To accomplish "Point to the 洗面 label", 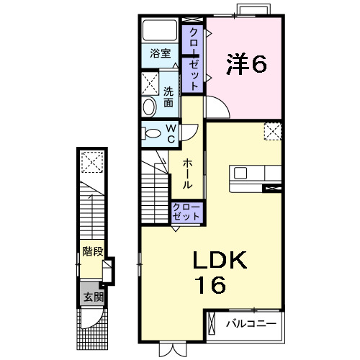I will (168, 97).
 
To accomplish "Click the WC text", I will (171, 132).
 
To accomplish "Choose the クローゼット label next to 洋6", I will (194, 58).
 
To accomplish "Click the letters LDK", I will (219, 261).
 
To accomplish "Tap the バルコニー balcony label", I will (251, 323).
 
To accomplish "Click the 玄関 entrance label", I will (91, 296).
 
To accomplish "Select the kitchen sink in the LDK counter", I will (240, 173).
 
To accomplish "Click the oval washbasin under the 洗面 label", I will (150, 107).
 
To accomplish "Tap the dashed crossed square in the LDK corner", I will (273, 132).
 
